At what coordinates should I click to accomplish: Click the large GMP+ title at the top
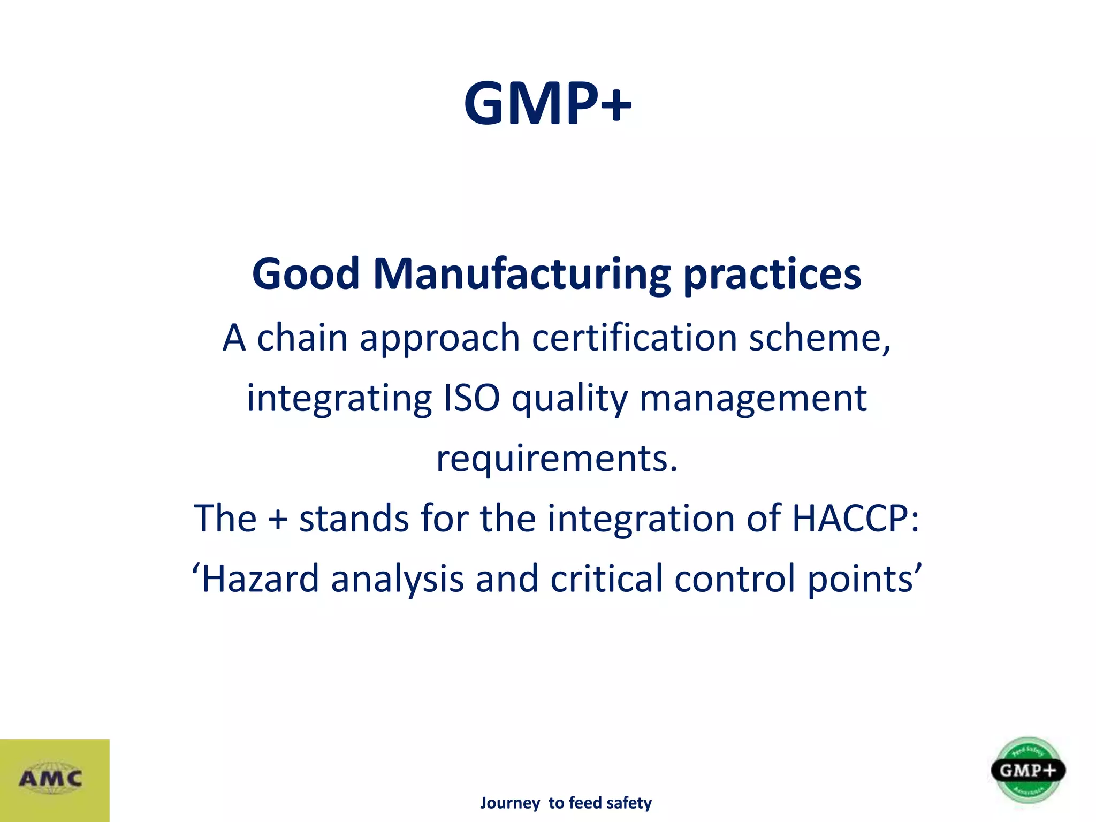[547, 103]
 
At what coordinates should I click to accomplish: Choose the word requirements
[557, 459]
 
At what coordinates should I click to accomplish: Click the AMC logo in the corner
[51, 779]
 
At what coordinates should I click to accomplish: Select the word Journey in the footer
[510, 803]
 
